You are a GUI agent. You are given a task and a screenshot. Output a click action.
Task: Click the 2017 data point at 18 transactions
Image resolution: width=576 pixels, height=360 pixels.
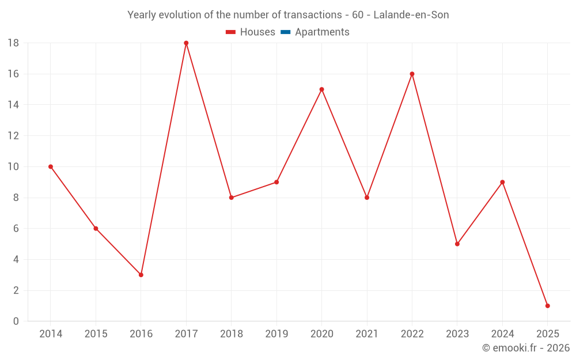click(186, 43)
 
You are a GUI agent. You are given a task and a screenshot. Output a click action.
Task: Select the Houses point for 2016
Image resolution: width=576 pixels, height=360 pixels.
click(141, 275)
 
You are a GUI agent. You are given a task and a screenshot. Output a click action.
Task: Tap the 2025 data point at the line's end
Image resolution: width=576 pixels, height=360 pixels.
click(547, 306)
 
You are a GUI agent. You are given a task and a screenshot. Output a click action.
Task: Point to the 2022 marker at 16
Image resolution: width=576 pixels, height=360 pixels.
click(412, 74)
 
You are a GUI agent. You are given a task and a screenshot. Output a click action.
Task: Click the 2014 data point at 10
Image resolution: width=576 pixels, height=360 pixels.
click(51, 167)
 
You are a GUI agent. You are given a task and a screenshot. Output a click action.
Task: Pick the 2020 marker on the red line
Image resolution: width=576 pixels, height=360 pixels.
click(321, 89)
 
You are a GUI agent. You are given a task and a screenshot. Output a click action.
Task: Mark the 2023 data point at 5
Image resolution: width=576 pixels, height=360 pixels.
click(457, 244)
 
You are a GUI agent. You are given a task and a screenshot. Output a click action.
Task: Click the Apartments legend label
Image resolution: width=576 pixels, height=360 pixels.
click(322, 32)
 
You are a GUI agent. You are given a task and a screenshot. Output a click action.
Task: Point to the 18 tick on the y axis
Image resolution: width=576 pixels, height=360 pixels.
click(13, 43)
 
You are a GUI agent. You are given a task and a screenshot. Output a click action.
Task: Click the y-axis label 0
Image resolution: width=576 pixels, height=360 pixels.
click(16, 321)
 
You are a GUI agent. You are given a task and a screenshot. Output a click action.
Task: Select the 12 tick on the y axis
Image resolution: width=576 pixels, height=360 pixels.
click(13, 136)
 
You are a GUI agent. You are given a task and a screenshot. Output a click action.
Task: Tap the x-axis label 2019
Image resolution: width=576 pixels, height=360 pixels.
click(276, 334)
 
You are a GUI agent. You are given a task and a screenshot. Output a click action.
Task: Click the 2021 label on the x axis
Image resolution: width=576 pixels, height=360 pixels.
click(367, 334)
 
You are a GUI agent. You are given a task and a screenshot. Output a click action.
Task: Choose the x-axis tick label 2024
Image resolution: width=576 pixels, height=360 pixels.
click(502, 334)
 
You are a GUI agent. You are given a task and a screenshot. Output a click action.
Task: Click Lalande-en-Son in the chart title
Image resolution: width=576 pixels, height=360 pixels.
click(411, 15)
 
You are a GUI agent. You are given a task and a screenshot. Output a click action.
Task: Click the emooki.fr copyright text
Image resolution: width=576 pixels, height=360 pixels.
click(526, 348)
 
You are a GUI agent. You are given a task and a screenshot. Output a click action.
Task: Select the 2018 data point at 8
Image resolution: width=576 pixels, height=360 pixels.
click(232, 198)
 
